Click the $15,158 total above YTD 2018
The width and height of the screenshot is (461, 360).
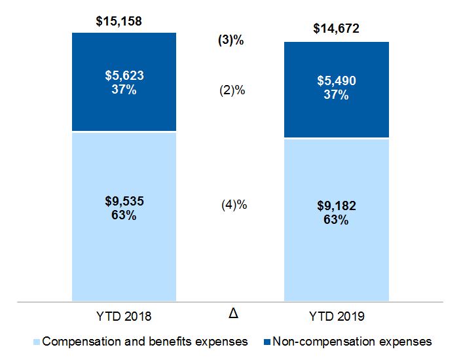tap(119, 22)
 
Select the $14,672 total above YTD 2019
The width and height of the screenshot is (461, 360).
tap(336, 29)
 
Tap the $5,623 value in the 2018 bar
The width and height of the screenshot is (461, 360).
tap(124, 76)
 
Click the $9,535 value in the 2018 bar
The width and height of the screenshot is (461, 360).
tap(124, 201)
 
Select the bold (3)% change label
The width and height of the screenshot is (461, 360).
tap(230, 40)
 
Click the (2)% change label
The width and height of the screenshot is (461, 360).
tap(232, 91)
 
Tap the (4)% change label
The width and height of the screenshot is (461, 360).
tap(234, 205)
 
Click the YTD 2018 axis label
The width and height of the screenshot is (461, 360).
tap(124, 317)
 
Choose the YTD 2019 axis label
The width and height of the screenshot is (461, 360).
tap(336, 317)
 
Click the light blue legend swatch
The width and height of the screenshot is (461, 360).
tap(36, 342)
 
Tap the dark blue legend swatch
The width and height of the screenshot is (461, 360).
tap(265, 342)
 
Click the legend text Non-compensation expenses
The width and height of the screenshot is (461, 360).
tap(352, 341)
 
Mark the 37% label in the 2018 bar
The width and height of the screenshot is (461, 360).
tap(124, 90)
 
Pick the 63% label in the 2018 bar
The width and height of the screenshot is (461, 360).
tap(124, 215)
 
